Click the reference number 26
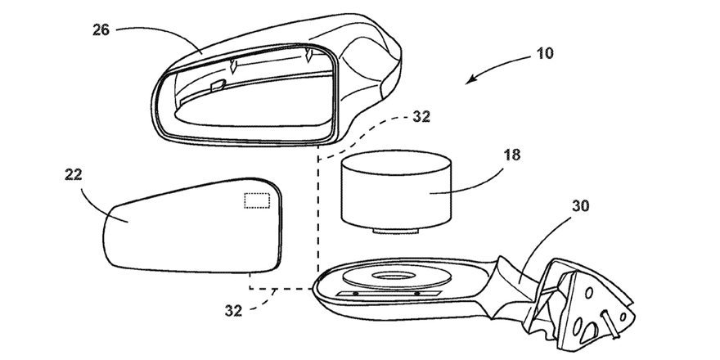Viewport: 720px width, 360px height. (x=101, y=30)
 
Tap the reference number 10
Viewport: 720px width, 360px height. (x=545, y=54)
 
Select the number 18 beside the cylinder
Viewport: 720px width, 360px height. (x=511, y=155)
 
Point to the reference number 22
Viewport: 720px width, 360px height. (x=74, y=175)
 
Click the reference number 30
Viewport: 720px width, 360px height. (x=580, y=206)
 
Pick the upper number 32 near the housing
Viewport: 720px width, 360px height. (x=421, y=117)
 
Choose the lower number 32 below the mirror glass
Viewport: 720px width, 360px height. (x=233, y=311)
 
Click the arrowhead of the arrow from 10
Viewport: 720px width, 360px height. (x=470, y=80)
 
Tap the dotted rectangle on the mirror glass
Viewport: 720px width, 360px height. (x=257, y=200)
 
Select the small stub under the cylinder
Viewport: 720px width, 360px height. (x=395, y=231)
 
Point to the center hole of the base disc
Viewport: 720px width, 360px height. (x=393, y=276)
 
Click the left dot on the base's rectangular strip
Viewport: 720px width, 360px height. (x=355, y=294)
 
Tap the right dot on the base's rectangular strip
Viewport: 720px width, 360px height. (x=417, y=294)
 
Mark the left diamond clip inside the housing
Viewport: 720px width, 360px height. (x=234, y=66)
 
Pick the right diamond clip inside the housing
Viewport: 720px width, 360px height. (x=310, y=56)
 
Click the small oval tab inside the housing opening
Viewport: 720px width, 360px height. (x=217, y=84)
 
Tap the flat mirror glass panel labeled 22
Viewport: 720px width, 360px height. (x=192, y=225)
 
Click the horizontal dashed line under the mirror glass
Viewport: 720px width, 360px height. (x=281, y=289)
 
